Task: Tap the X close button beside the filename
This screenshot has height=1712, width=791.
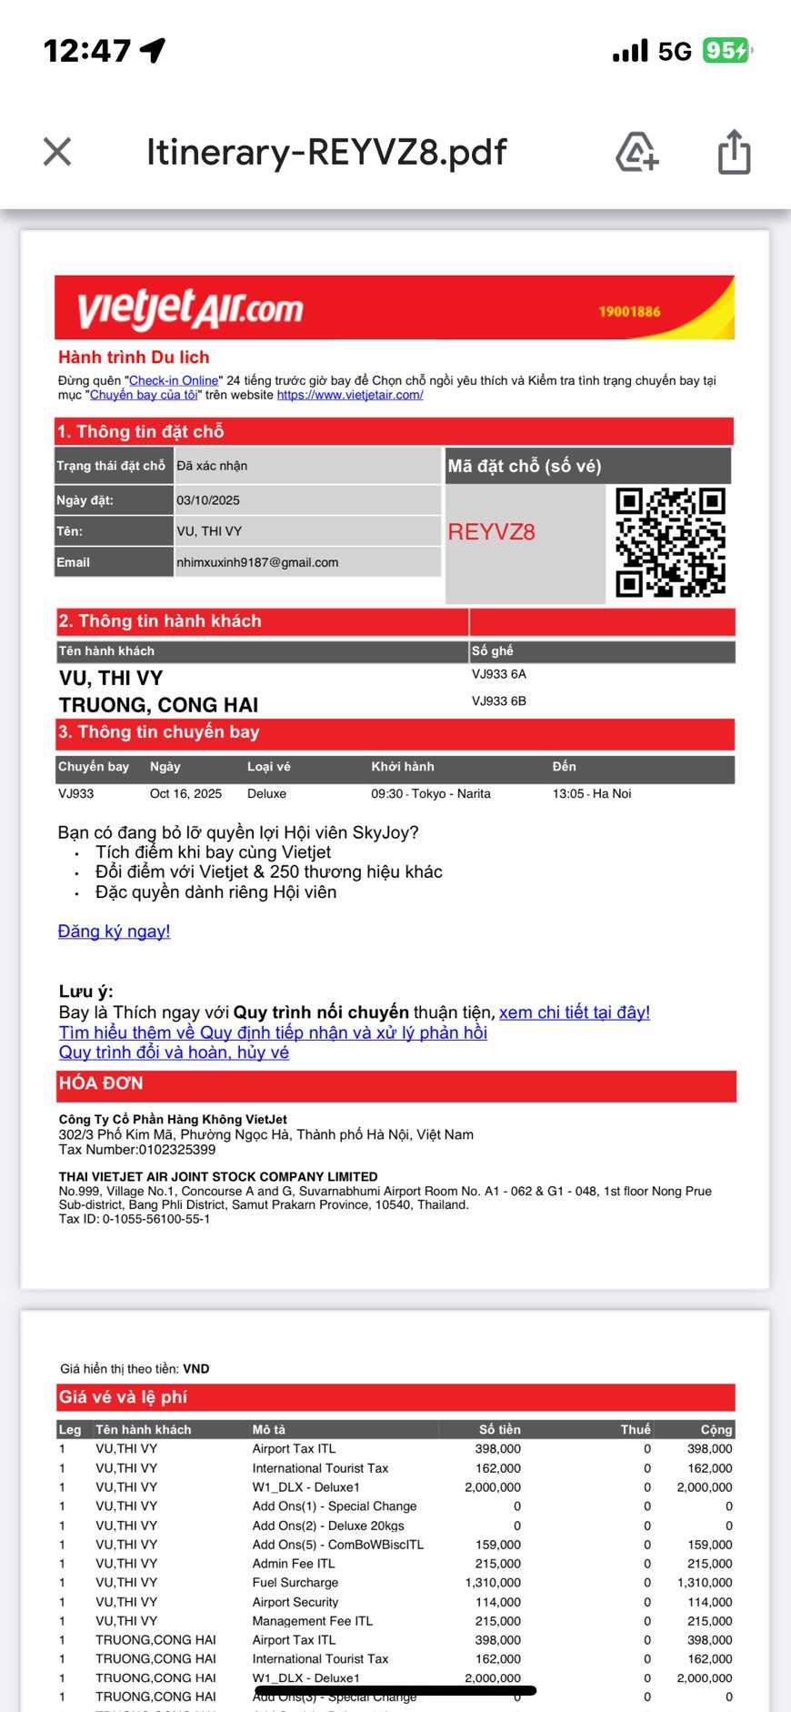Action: [x=57, y=152]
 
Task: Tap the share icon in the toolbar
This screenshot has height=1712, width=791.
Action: [x=734, y=151]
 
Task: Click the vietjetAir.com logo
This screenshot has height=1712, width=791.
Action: [x=190, y=309]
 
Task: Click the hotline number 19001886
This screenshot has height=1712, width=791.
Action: [x=629, y=312]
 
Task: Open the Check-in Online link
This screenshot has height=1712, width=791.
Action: [x=174, y=380]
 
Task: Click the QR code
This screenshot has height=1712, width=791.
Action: [x=670, y=542]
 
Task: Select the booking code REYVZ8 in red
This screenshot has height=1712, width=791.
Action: [x=491, y=532]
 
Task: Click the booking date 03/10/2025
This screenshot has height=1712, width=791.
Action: [x=208, y=500]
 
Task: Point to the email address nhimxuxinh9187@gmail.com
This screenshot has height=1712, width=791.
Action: [x=257, y=562]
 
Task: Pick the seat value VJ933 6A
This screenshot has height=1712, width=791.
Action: [x=499, y=674]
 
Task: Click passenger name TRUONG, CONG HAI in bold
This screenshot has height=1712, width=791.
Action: [x=158, y=705]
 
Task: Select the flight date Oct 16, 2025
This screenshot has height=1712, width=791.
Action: [x=185, y=793]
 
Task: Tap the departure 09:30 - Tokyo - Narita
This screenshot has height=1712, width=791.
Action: [x=431, y=793]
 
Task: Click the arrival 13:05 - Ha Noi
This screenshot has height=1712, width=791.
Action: [x=592, y=793]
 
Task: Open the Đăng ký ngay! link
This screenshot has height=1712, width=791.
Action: [x=114, y=931]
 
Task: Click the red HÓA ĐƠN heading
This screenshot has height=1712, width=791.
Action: [x=101, y=1083]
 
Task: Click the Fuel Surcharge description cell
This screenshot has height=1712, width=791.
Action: [x=295, y=1582]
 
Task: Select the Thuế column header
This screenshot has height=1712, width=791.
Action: [x=636, y=1429]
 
